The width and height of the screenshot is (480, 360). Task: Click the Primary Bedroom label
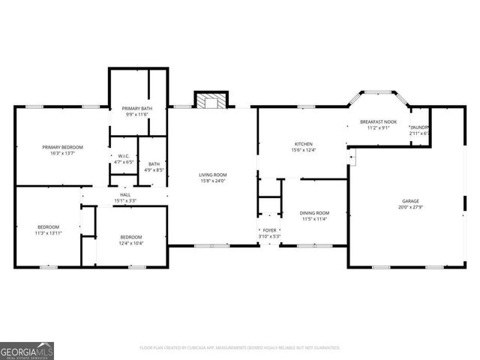(62, 147)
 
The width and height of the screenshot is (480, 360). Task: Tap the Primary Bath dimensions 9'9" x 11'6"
(137, 115)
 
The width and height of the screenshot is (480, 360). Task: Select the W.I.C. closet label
(123, 156)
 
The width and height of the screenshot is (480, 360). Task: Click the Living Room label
(212, 175)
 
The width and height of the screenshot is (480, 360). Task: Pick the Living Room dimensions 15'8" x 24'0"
(212, 181)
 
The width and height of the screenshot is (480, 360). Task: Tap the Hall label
(124, 195)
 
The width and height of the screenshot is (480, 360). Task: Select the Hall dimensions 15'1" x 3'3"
(124, 200)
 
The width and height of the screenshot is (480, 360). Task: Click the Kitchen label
(303, 144)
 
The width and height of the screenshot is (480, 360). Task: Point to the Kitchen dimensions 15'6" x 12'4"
(303, 150)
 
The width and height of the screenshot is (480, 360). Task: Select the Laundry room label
(419, 127)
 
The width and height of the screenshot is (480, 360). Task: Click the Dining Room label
(314, 213)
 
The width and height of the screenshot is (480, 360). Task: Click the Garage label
(410, 201)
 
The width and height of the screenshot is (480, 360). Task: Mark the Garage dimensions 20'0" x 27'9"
(410, 207)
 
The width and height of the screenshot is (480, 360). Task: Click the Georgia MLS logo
(27, 350)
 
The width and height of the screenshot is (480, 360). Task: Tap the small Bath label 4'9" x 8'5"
(154, 164)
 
